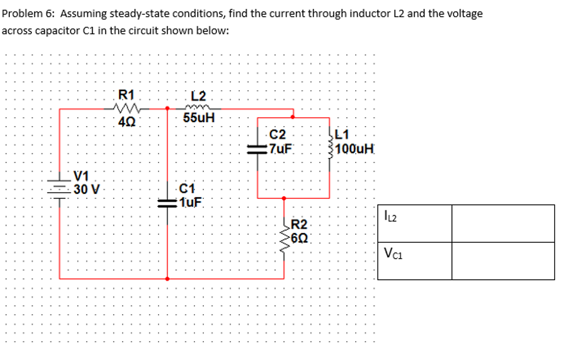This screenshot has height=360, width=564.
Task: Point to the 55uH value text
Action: pos(199,118)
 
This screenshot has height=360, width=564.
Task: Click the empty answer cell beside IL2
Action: pos(502,222)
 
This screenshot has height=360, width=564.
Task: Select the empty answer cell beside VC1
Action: pos(502,260)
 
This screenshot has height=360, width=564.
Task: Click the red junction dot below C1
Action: pos(167,279)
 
